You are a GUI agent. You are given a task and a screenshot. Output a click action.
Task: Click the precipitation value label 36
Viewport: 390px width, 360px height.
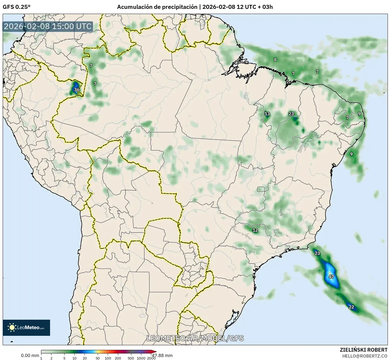point(77,90)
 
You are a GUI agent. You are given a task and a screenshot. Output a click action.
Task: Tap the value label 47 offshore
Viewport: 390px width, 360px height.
point(331,277)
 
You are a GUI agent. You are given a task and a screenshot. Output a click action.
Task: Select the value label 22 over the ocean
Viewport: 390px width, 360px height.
point(351,307)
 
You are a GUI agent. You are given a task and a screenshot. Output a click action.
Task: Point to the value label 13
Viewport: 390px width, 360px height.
point(267,114)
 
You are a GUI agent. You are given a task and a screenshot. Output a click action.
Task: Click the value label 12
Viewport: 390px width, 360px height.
point(255,230)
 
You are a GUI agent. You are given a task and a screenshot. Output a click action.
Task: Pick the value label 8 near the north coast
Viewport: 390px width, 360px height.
point(275,60)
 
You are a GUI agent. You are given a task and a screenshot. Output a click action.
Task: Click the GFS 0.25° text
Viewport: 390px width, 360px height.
point(16,7)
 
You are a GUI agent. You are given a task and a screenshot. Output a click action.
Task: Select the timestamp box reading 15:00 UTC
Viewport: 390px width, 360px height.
point(48,26)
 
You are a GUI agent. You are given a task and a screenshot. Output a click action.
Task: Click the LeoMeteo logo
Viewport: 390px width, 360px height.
point(26,327)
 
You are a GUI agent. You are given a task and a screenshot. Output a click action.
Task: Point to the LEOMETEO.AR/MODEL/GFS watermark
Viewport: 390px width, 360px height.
point(195,338)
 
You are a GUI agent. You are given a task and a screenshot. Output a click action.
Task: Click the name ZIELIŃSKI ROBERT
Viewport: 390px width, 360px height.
point(364,350)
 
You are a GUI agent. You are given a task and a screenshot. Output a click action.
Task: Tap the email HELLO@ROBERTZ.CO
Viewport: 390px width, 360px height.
point(365,356)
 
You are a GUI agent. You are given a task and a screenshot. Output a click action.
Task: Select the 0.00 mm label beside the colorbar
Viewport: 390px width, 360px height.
point(30,356)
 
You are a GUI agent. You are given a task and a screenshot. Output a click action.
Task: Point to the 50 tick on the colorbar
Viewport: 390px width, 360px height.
point(98,358)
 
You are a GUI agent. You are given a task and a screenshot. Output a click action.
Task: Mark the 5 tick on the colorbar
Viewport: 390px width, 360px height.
point(64,358)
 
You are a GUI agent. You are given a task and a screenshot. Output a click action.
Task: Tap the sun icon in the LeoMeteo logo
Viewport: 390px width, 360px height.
point(12,327)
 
